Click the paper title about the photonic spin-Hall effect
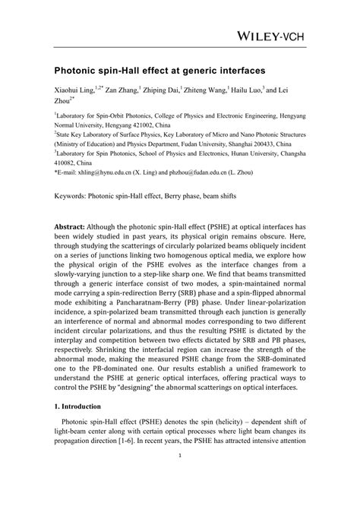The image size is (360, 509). [x=159, y=70]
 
